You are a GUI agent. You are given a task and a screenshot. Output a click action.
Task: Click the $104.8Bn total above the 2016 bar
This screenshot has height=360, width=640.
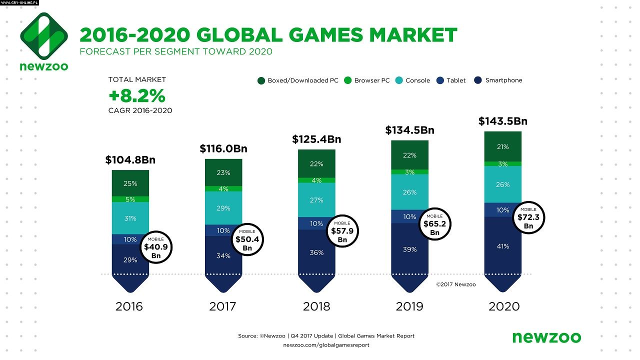pyautogui.click(x=130, y=160)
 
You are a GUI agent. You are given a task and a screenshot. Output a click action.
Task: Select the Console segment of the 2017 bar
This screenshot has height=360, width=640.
pyautogui.click(x=223, y=208)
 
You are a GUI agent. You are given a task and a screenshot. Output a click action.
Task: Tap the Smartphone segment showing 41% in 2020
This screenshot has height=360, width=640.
pyautogui.click(x=502, y=246)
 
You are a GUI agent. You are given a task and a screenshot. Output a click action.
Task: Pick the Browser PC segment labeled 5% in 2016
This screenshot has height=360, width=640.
pyautogui.click(x=130, y=199)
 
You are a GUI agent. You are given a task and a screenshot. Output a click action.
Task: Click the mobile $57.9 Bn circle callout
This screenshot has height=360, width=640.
pyautogui.click(x=342, y=231)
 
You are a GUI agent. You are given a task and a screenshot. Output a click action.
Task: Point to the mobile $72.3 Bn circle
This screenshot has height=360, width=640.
pyautogui.click(x=528, y=217)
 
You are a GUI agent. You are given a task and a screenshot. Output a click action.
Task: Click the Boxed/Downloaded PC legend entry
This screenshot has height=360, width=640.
pyautogui.click(x=298, y=80)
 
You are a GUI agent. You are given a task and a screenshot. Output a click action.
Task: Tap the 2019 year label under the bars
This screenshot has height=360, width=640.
pyautogui.click(x=409, y=306)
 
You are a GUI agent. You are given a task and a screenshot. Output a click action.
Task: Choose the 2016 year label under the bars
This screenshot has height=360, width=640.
pyautogui.click(x=129, y=306)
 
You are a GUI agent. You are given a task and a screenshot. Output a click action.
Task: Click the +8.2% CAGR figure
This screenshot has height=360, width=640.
pyautogui.click(x=137, y=95)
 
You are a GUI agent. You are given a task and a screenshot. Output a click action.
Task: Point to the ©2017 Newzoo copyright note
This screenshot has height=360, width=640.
pyautogui.click(x=455, y=284)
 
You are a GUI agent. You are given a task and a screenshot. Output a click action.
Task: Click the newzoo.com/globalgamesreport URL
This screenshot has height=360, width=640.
pyautogui.click(x=326, y=345)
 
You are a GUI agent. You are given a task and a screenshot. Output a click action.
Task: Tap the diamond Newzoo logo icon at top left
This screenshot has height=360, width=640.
pyautogui.click(x=44, y=34)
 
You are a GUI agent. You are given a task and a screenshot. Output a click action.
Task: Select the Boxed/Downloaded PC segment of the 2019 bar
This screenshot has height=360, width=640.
pyautogui.click(x=409, y=155)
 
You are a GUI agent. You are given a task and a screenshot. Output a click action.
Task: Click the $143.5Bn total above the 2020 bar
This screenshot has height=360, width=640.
pyautogui.click(x=502, y=121)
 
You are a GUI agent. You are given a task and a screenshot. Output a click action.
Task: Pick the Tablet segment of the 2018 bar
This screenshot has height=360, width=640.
pyautogui.click(x=316, y=223)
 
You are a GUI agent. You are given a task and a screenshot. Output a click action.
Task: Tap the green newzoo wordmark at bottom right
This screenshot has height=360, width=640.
pyautogui.click(x=546, y=337)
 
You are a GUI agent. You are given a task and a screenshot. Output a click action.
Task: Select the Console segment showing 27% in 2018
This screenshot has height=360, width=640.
pyautogui.click(x=316, y=200)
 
